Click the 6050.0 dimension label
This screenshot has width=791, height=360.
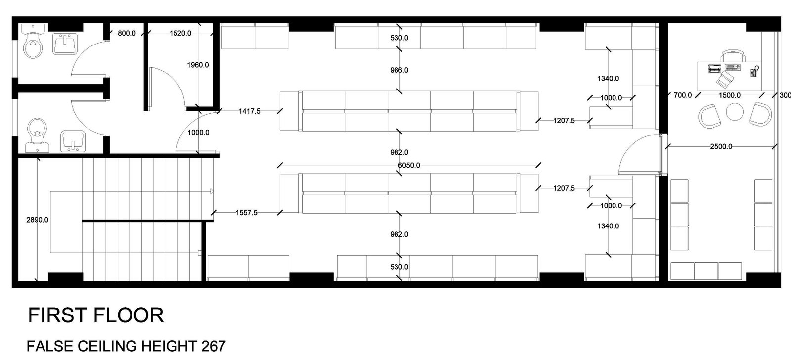pyautogui.click(x=409, y=165)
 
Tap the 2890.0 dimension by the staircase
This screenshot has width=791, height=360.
pyautogui.click(x=37, y=220)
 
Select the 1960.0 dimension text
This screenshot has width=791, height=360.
pyautogui.click(x=198, y=65)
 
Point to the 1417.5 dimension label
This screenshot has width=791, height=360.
pyautogui.click(x=249, y=111)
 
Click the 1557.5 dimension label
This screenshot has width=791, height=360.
pyautogui.click(x=247, y=213)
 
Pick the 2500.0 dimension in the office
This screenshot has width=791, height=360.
pyautogui.click(x=721, y=146)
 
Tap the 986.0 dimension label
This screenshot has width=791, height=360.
pyautogui.click(x=399, y=70)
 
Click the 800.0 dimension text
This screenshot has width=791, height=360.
pyautogui.click(x=127, y=33)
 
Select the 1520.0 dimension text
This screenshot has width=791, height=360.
pyautogui.click(x=180, y=33)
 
